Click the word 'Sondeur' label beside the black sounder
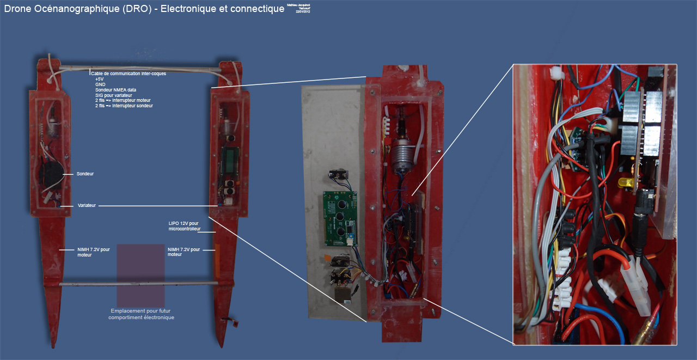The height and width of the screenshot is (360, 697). [85, 174]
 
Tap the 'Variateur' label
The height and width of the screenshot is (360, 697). [86, 206]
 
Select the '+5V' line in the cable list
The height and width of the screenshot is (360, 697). [100, 79]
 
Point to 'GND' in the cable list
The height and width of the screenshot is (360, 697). [100, 84]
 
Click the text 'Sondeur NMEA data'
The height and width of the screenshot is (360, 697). [115, 90]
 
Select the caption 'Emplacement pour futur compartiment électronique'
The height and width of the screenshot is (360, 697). [141, 314]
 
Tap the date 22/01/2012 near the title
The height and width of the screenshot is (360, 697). [303, 11]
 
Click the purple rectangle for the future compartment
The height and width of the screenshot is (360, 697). [140, 274]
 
